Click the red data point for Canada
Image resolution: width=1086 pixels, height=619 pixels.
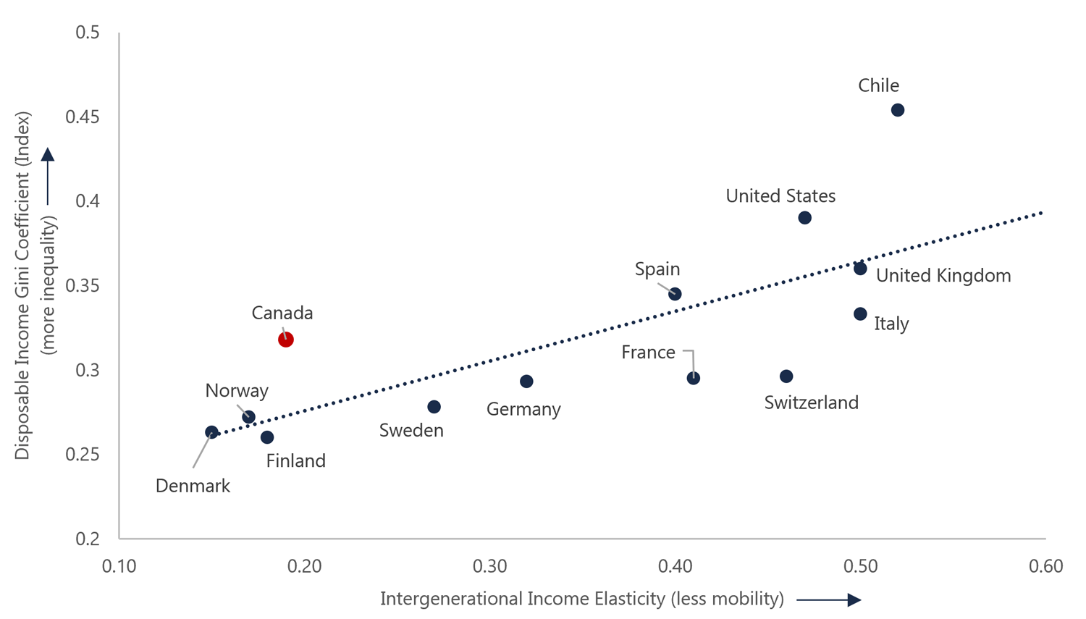click(x=286, y=340)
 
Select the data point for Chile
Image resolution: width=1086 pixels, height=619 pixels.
click(x=898, y=110)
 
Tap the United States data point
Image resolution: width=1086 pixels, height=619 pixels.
click(x=805, y=218)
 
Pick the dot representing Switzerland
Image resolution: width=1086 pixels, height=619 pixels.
click(x=786, y=376)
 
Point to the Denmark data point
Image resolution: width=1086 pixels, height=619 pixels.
click(x=211, y=432)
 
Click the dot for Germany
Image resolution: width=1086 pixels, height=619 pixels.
click(x=526, y=382)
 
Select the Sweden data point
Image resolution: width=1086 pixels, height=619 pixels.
click(x=434, y=407)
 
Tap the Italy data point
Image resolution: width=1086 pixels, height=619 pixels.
click(x=860, y=314)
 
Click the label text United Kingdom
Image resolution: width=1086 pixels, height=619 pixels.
click(x=943, y=276)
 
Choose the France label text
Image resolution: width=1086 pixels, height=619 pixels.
click(x=648, y=353)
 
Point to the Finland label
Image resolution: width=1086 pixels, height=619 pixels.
click(x=295, y=461)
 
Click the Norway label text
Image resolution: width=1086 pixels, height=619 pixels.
click(x=237, y=391)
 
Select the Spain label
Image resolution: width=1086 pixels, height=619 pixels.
click(x=657, y=269)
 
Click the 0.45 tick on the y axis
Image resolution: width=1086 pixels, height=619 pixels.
click(x=82, y=117)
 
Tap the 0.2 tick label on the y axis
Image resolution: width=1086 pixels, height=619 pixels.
click(x=87, y=539)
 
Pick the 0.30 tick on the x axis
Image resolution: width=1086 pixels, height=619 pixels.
click(x=489, y=566)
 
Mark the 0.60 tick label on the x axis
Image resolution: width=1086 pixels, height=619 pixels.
click(x=1045, y=566)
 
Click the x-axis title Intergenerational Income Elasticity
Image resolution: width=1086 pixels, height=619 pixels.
click(x=581, y=599)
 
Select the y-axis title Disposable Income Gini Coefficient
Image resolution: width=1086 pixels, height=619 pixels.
click(x=23, y=286)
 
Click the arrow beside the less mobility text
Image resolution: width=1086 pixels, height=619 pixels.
click(x=828, y=600)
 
